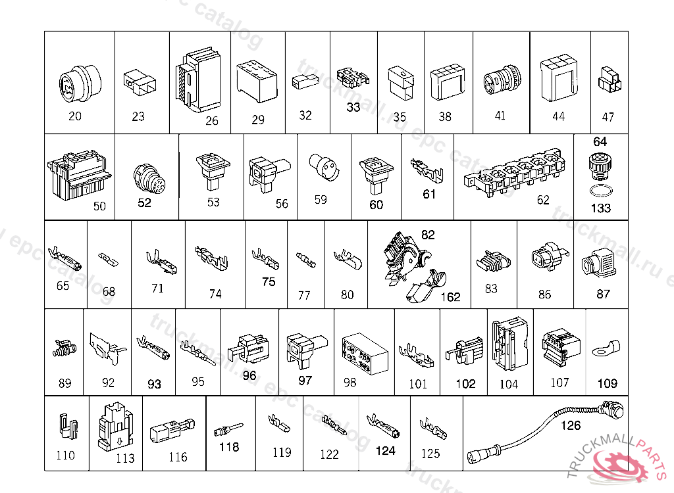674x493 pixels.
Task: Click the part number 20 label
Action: tap(75, 116)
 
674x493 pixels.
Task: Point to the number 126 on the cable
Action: tap(571, 425)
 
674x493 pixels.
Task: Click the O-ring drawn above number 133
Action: tap(599, 191)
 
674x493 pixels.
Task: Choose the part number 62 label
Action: tap(543, 200)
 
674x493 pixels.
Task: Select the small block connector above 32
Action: tap(303, 83)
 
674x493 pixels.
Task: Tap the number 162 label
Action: tap(450, 297)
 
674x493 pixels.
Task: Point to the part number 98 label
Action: tap(350, 382)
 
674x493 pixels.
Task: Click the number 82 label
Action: tap(428, 235)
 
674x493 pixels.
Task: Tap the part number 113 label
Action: tap(125, 458)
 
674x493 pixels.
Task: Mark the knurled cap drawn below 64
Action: tap(599, 165)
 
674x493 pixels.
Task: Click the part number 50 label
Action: tap(99, 206)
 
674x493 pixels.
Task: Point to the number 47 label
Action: tap(608, 116)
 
